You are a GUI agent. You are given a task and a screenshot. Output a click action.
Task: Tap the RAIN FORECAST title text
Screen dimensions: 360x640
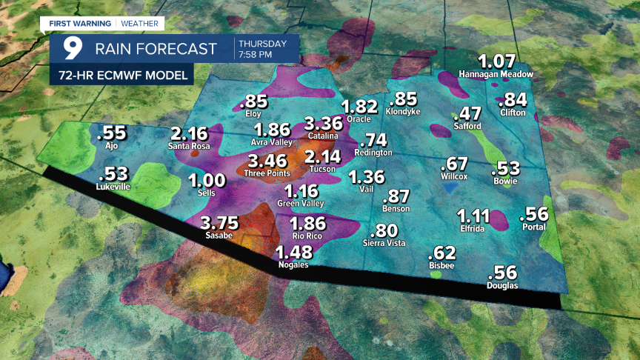coord(156,50)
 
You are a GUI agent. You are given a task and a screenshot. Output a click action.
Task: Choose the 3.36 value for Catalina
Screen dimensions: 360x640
coord(323,123)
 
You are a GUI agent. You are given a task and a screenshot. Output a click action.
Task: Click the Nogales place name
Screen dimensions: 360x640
coord(293,264)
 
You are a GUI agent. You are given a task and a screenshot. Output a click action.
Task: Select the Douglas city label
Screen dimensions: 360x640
coord(502,286)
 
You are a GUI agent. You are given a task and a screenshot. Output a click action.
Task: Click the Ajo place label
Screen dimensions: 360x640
coord(113,145)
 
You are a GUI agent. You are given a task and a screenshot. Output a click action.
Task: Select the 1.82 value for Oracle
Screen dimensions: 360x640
coord(360,107)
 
